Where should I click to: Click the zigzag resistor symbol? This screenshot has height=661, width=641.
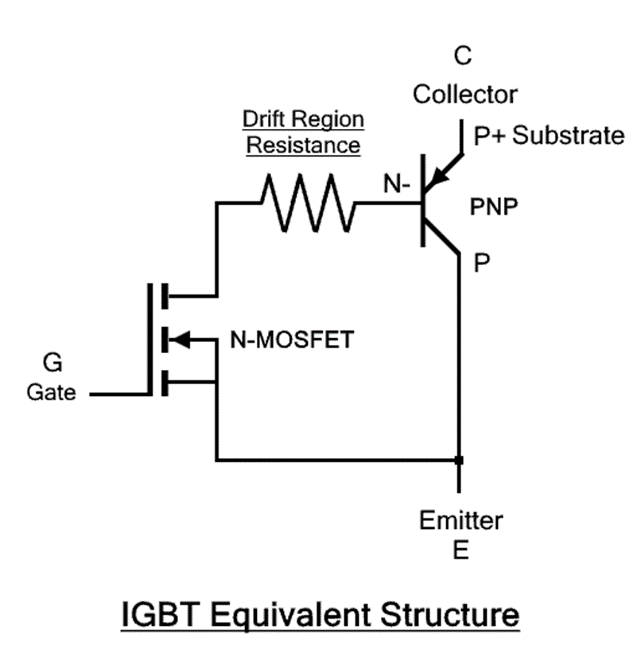306,204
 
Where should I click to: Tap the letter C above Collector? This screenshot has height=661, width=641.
462,56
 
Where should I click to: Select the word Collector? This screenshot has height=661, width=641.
464,94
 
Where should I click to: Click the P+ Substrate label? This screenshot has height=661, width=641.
548,136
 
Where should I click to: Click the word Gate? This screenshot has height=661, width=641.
52,393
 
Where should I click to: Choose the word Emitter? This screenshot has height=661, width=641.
461,521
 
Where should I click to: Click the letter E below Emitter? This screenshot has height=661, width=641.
461,550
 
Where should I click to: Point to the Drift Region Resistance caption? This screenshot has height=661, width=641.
302,133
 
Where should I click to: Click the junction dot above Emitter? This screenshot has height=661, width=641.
459,460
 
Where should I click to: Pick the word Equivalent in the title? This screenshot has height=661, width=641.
293,616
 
